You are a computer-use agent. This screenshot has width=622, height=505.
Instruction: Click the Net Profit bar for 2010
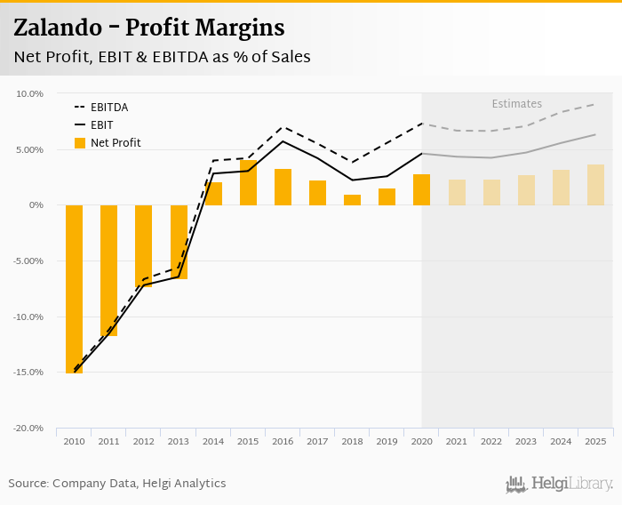(x=74, y=289)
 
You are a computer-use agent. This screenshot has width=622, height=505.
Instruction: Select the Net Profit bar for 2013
(x=179, y=242)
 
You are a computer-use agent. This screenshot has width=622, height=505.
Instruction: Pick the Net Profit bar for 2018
(x=352, y=200)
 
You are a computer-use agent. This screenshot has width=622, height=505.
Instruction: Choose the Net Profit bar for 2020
(x=421, y=189)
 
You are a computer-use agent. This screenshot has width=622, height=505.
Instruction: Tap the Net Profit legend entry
(x=115, y=142)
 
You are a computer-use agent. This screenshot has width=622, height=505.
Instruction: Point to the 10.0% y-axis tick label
(x=30, y=93)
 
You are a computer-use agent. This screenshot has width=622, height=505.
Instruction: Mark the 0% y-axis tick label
(x=36, y=205)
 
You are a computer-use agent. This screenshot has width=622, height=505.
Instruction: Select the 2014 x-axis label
(x=213, y=442)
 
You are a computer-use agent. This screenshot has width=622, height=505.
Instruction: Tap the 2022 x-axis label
(x=491, y=442)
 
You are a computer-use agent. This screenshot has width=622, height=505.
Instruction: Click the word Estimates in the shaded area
(x=516, y=104)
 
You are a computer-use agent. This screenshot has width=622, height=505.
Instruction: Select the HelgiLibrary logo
(x=559, y=484)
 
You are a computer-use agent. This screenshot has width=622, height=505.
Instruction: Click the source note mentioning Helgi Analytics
(x=117, y=484)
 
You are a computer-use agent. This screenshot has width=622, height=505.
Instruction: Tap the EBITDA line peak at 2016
(x=283, y=127)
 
